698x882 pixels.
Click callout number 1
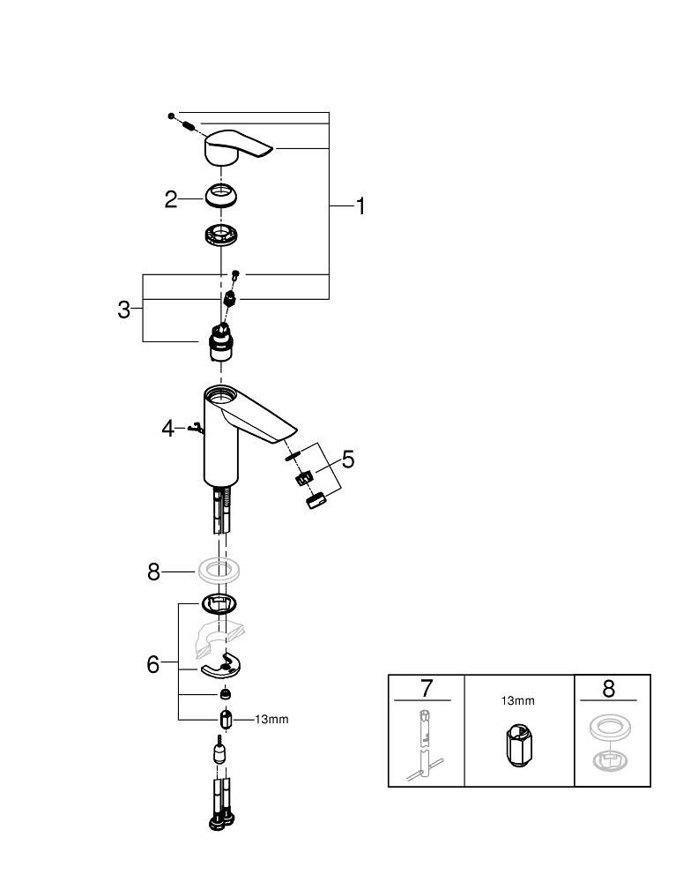pos(360,206)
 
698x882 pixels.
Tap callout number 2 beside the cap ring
pos(171,199)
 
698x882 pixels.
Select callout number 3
pos(124,310)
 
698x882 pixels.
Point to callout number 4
pos(167,429)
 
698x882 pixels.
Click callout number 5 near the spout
pos(348,460)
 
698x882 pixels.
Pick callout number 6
pos(152,664)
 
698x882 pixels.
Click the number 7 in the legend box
pos(427,689)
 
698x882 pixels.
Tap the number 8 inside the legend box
pos(609,689)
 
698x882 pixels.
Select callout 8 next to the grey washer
pos(153,572)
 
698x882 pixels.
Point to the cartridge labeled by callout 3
pos(221,342)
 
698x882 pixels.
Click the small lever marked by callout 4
pos(197,430)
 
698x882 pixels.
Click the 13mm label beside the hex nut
pos(271,720)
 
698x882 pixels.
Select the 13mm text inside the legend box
pos(517,701)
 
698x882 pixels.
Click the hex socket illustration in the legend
pos(519,746)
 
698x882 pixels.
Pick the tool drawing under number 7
pos(424,746)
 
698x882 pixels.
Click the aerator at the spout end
pos(317,499)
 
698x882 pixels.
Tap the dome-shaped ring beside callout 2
pos(220,196)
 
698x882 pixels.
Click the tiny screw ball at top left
pos(171,116)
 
